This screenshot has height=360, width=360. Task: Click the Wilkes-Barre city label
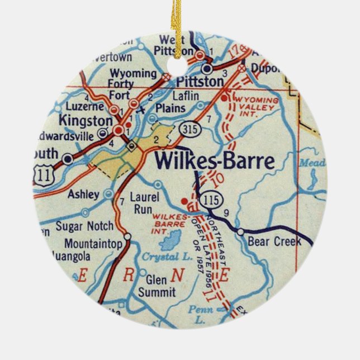coord(215,161)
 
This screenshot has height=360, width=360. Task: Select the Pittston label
coord(196,82)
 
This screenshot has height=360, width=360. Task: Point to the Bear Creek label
coord(273,241)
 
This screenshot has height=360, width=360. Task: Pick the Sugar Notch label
coord(84,227)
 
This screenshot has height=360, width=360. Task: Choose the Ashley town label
coord(83,195)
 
